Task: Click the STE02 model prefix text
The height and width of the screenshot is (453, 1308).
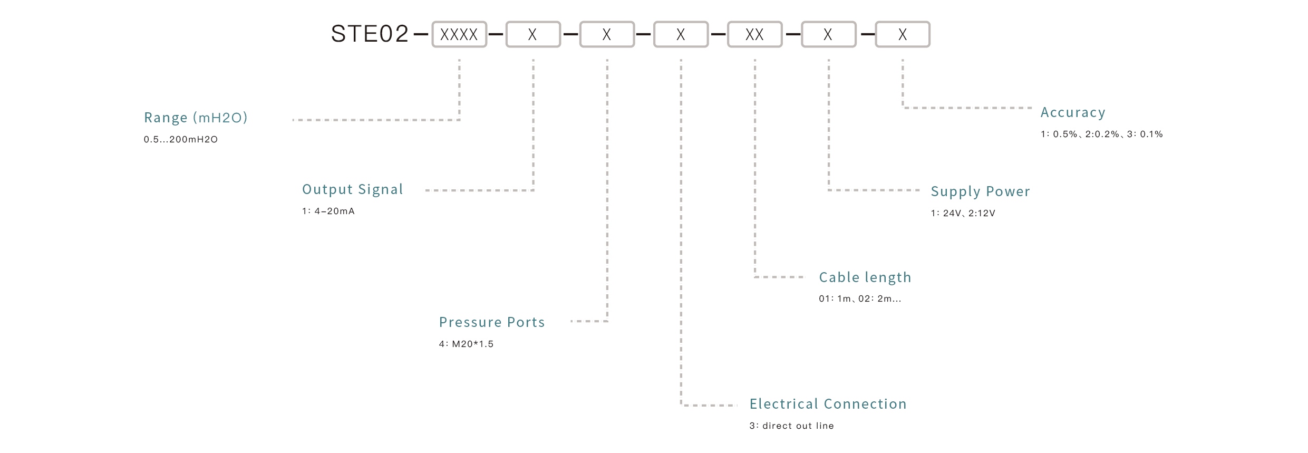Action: [370, 34]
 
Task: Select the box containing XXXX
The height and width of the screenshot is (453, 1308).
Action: [459, 35]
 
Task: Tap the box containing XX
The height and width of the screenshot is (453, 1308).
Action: [754, 35]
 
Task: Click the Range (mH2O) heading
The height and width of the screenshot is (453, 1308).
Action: [196, 118]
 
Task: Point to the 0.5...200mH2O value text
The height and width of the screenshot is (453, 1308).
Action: [180, 140]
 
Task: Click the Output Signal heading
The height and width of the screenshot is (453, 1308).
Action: [352, 189]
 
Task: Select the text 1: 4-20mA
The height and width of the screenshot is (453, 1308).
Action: [328, 211]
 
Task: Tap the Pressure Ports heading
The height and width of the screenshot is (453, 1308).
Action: [492, 322]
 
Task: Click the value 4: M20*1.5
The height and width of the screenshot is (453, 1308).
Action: [466, 344]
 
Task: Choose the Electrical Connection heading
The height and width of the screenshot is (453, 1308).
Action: [828, 404]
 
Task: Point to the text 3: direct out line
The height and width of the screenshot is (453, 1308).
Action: [791, 426]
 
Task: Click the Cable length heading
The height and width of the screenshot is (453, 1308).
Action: [865, 277]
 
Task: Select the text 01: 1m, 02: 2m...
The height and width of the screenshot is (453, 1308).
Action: [859, 299]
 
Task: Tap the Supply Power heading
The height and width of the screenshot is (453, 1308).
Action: [980, 191]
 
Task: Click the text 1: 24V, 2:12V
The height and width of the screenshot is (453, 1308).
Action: [963, 214]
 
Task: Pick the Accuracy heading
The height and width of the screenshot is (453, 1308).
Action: [1072, 113]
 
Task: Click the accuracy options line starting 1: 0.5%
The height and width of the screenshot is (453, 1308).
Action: [1101, 134]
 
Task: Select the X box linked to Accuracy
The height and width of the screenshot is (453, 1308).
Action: [903, 35]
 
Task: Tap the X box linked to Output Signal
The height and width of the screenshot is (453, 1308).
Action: [533, 35]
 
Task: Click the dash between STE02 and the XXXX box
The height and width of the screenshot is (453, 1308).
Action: [421, 35]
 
